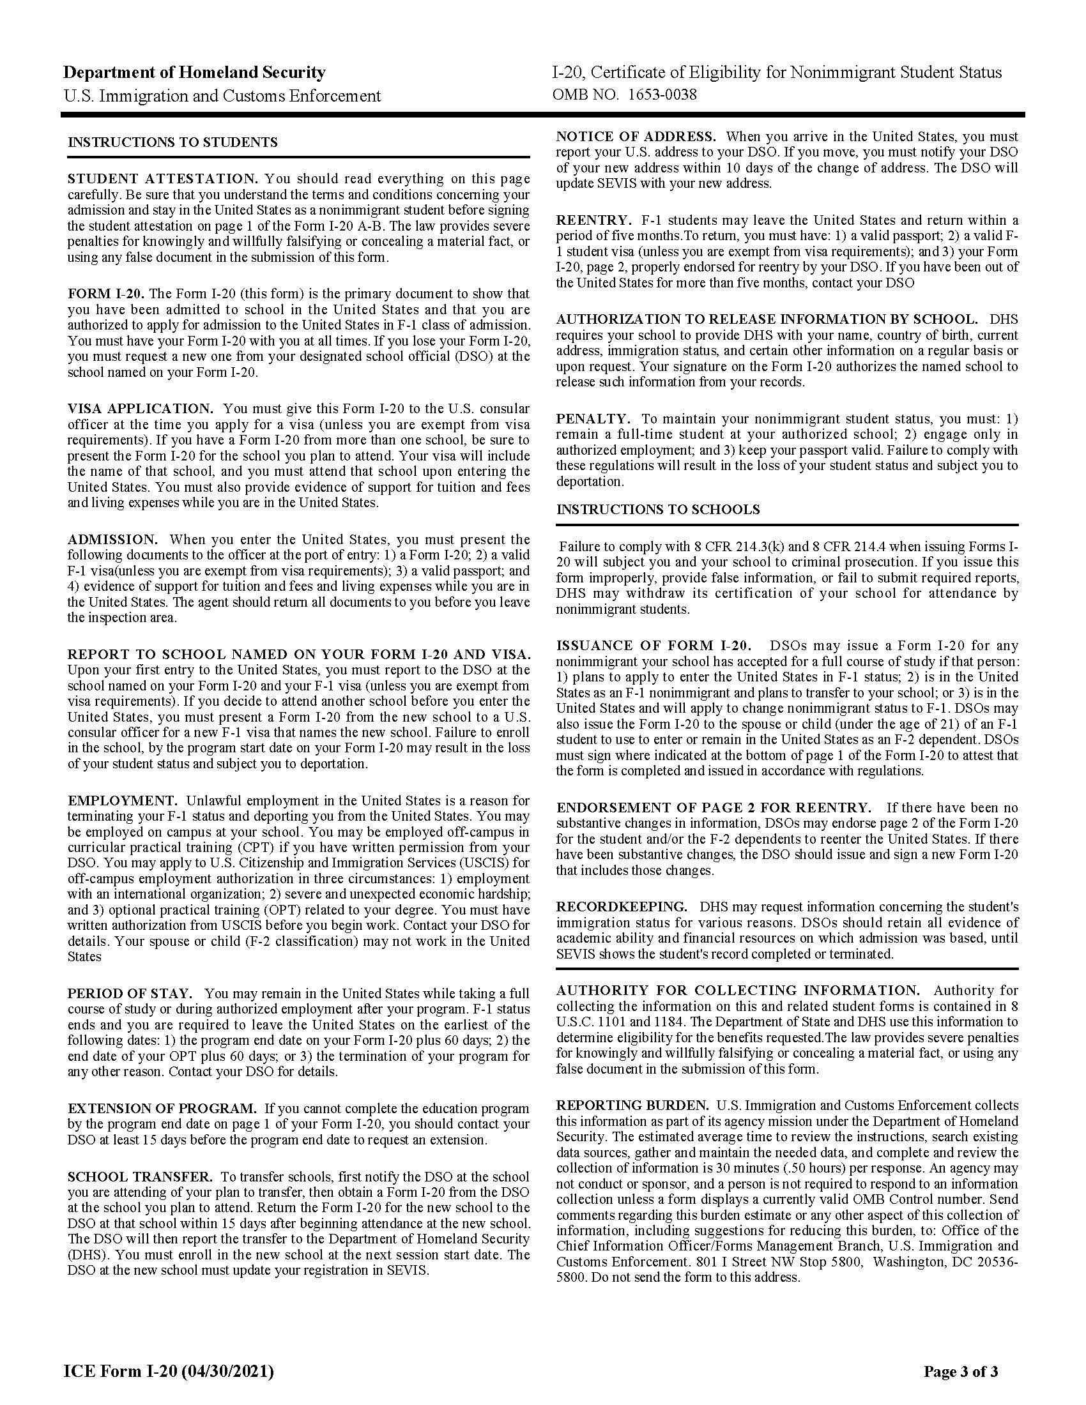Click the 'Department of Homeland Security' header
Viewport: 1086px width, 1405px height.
[x=194, y=72]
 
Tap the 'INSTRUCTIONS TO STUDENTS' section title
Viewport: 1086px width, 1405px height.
[x=172, y=142]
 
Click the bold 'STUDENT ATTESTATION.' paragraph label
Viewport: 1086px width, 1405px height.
[x=163, y=179]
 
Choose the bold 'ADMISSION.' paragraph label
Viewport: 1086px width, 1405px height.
[x=112, y=539]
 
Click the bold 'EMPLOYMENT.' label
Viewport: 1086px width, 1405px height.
[x=122, y=801]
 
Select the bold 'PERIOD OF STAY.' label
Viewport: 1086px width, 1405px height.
[x=130, y=993]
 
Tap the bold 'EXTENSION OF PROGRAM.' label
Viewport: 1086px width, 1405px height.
[x=162, y=1109]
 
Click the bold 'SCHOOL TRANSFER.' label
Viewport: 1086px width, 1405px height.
[x=140, y=1176]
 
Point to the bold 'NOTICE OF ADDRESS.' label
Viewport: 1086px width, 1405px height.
[x=636, y=137]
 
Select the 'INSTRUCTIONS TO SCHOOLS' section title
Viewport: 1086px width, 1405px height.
[x=657, y=510]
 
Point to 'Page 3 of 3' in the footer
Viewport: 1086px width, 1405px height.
[x=961, y=1367]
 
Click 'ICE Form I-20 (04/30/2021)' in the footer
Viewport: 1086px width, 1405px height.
[x=169, y=1367]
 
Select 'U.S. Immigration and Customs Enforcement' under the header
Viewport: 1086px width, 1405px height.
[x=222, y=96]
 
